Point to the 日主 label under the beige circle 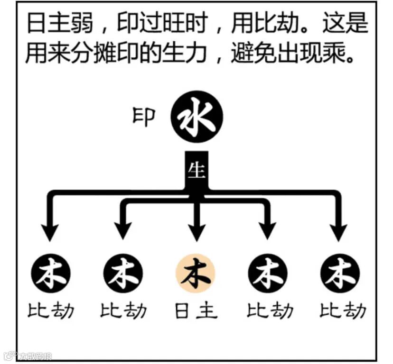coord(196,311)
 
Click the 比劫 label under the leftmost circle coord(51,311)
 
